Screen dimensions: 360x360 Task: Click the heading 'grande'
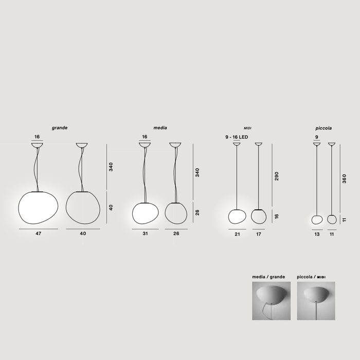(x=60, y=127)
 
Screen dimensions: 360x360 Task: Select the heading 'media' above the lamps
(x=160, y=128)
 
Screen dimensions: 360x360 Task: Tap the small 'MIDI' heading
(x=247, y=128)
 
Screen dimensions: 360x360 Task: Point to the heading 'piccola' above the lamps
(x=323, y=128)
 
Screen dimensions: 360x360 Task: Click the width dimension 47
(x=39, y=233)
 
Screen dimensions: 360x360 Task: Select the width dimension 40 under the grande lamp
(x=83, y=233)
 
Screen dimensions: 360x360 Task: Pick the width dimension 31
(x=145, y=233)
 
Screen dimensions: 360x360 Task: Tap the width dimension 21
(x=237, y=233)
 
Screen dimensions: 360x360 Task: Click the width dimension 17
(x=258, y=233)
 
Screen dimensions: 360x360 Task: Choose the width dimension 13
(x=317, y=233)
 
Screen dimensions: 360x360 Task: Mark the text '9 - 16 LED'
(x=237, y=137)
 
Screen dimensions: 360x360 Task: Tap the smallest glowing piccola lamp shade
(x=317, y=219)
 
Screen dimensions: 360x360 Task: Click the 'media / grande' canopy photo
(x=271, y=301)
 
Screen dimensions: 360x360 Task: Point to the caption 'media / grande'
(x=268, y=277)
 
